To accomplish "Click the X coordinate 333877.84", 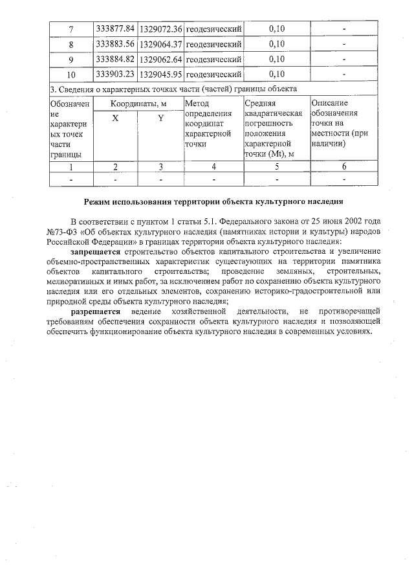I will click(x=115, y=30).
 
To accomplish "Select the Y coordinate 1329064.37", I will click(x=160, y=45).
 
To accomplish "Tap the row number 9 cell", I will click(x=71, y=60).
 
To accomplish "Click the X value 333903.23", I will click(x=115, y=74).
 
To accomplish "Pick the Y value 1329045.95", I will click(x=160, y=74).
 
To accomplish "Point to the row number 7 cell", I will click(x=71, y=30).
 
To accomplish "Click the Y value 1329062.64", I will click(x=160, y=60).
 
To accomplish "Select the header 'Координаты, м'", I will click(x=138, y=104).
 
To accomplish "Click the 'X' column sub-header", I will click(x=115, y=118).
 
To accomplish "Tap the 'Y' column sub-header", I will click(x=160, y=118).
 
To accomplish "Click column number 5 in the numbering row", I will click(x=276, y=166).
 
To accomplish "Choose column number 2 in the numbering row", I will click(x=115, y=166).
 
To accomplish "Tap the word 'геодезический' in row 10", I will click(x=213, y=74).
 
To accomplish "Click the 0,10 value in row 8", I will click(x=276, y=45).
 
